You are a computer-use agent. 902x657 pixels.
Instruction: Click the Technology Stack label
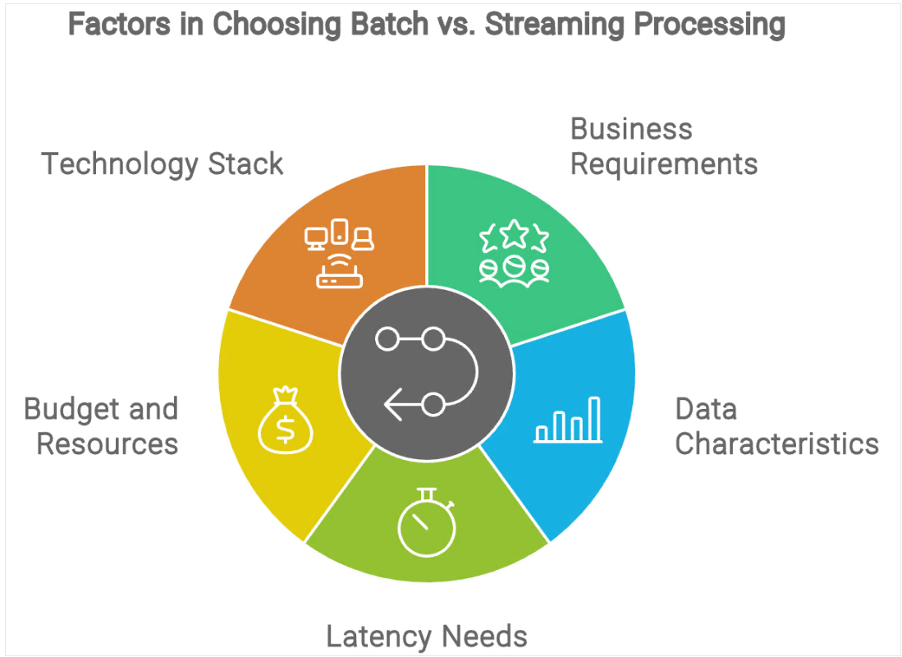(163, 163)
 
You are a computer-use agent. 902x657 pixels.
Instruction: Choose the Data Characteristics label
(776, 426)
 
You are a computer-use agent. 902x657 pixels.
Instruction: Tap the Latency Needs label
(426, 636)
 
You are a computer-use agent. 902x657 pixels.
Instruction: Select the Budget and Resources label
(102, 426)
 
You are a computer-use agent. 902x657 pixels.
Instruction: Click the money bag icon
(281, 421)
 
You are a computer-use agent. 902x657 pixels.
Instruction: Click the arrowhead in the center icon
(392, 404)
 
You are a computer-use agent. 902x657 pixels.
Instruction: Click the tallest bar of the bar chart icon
(593, 418)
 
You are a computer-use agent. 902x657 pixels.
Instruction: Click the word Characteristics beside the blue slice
(776, 444)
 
